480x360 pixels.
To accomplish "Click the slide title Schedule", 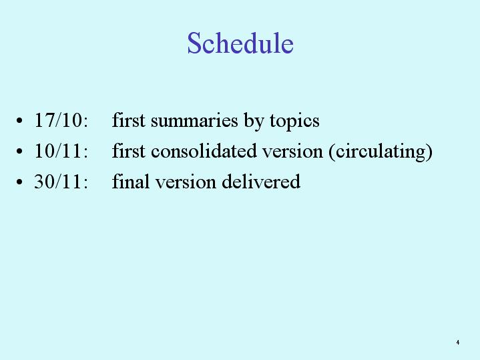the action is coord(240,43).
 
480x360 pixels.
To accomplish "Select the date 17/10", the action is coord(58,120).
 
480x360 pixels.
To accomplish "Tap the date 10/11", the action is coord(58,151).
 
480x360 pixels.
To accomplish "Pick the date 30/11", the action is coord(58,182).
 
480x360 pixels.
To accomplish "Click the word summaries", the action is coord(194,120).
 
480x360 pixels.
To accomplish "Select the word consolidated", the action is coord(204,151).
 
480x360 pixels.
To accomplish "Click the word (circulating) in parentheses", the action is coord(381,152).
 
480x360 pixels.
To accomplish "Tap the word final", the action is coord(131,181).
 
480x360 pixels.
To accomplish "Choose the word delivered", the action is coord(261,181).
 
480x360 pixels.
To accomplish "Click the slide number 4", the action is coord(458,342).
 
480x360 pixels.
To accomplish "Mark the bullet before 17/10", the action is coord(19,120).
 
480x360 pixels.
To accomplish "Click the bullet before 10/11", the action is coord(19,151).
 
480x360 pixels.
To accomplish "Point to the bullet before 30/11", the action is coord(19,182).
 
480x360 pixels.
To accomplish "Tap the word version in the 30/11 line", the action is coord(186,182).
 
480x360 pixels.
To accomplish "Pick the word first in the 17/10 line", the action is coord(129,120).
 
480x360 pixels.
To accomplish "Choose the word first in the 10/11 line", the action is coord(129,150).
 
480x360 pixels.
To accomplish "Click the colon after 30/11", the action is coord(85,183).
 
